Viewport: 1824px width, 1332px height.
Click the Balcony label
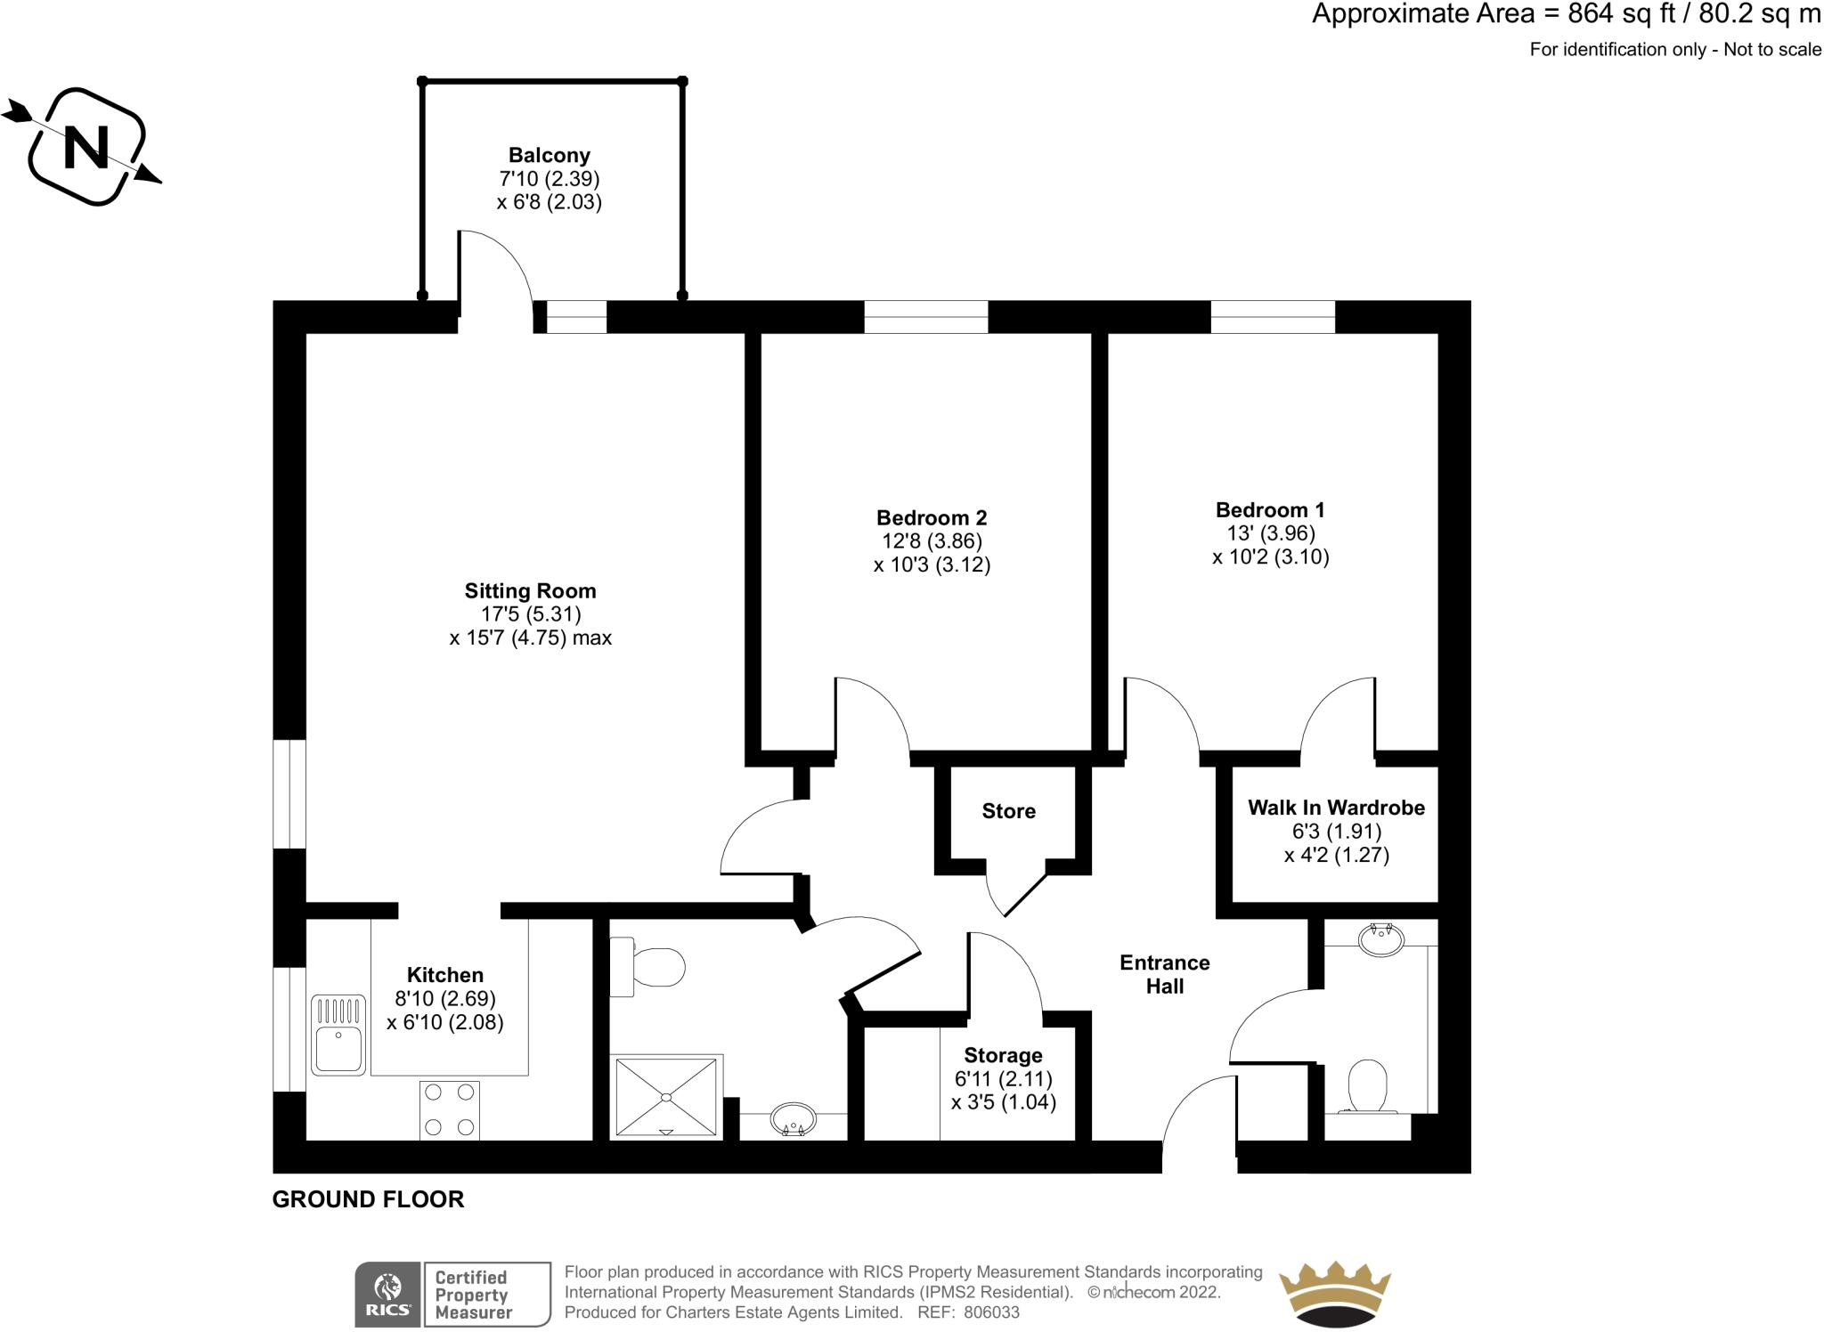pyautogui.click(x=549, y=156)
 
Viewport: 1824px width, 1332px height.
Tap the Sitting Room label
pyautogui.click(x=530, y=591)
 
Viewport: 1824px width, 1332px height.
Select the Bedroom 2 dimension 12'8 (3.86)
pyautogui.click(x=932, y=541)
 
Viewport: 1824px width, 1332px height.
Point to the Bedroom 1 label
pyautogui.click(x=1270, y=510)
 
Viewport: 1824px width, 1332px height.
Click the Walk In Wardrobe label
pyautogui.click(x=1336, y=808)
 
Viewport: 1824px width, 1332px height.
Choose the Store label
pyautogui.click(x=1008, y=811)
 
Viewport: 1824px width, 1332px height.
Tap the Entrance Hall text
pyautogui.click(x=1164, y=974)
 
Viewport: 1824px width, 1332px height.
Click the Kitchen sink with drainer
pyautogui.click(x=338, y=1035)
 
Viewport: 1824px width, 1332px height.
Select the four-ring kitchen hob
pyautogui.click(x=450, y=1109)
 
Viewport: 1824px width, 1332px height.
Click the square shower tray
pyautogui.click(x=665, y=1097)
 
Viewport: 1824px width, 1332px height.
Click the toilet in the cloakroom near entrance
pyautogui.click(x=1367, y=1087)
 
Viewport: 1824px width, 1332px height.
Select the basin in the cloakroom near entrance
pyautogui.click(x=1380, y=938)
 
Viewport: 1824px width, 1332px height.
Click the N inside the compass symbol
pyautogui.click(x=87, y=147)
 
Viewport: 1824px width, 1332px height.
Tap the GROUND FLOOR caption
pyautogui.click(x=368, y=1199)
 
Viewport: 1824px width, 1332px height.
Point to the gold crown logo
pyautogui.click(x=1334, y=1293)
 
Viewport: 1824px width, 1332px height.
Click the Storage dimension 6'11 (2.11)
pyautogui.click(x=1003, y=1079)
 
